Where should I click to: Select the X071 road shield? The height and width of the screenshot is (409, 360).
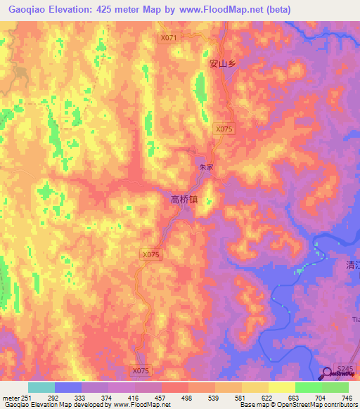click(169, 38)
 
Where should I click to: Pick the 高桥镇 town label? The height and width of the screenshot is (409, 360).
click(185, 199)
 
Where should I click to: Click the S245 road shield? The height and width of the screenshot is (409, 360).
click(344, 368)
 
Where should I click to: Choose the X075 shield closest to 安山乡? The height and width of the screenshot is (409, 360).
click(224, 129)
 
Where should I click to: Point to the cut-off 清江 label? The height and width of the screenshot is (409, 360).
click(352, 266)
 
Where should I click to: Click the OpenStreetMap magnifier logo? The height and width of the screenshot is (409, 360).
click(328, 374)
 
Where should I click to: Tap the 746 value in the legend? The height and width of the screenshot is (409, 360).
click(346, 398)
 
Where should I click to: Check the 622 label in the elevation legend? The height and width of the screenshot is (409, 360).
click(267, 398)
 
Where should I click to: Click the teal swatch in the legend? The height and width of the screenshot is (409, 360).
click(41, 387)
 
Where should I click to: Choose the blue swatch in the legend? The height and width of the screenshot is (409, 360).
click(68, 387)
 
